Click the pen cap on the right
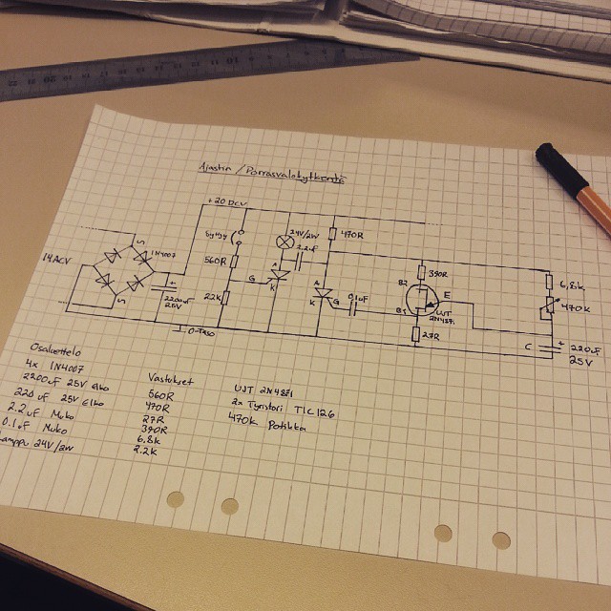tap(557, 158)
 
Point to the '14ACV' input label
tap(56, 259)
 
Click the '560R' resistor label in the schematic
tap(217, 261)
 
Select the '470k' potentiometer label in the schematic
tap(576, 308)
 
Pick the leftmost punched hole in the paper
tap(175, 499)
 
